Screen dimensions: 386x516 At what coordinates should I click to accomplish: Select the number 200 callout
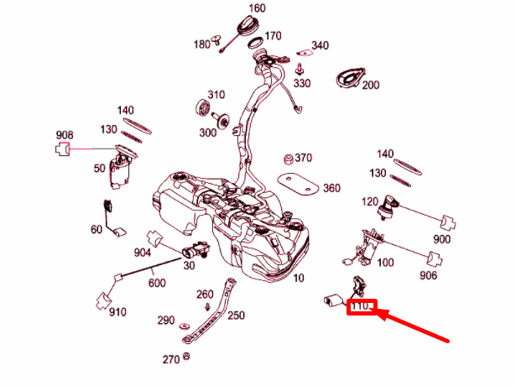tap(371, 85)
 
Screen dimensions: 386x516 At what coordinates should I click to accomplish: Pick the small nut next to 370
tap(288, 159)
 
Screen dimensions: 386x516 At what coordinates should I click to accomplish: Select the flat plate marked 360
tap(295, 185)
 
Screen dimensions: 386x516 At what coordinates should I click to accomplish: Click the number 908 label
tap(65, 134)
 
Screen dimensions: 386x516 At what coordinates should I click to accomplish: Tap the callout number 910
tap(117, 312)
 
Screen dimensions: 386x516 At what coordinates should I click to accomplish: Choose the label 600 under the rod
tap(157, 284)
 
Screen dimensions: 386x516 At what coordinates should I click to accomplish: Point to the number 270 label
tap(170, 360)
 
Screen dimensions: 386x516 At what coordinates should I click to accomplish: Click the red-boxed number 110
tap(363, 308)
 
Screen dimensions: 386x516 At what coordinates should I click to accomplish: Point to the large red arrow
tap(415, 327)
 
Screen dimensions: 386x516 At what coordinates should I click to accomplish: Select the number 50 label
tap(99, 169)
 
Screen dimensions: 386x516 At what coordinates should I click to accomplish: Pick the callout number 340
tap(320, 45)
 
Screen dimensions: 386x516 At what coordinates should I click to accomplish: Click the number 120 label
tap(369, 202)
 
